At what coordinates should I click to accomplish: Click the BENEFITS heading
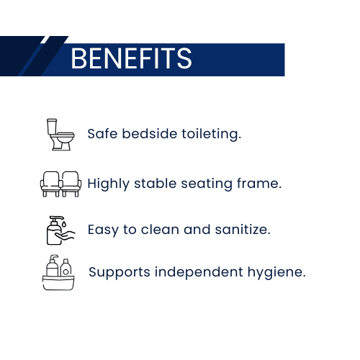pyautogui.click(x=131, y=58)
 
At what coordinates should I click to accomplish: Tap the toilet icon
pyautogui.click(x=60, y=135)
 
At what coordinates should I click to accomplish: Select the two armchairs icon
pyautogui.click(x=60, y=184)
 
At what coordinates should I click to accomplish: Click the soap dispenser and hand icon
pyautogui.click(x=60, y=230)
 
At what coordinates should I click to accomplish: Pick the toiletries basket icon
pyautogui.click(x=58, y=273)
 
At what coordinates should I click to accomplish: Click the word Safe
pyautogui.click(x=102, y=133)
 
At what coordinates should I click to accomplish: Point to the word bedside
pyautogui.click(x=150, y=133)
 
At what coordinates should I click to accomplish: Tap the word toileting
pyautogui.click(x=211, y=134)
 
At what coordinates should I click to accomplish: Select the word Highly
pyautogui.click(x=109, y=184)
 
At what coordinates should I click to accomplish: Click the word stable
pyautogui.click(x=156, y=184)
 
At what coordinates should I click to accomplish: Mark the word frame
pyautogui.click(x=259, y=184)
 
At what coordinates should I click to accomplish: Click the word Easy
pyautogui.click(x=103, y=230)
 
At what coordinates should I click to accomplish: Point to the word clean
pyautogui.click(x=160, y=230)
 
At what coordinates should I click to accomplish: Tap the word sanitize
pyautogui.click(x=243, y=230)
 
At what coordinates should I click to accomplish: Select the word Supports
pyautogui.click(x=120, y=272)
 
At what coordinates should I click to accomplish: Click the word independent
pyautogui.click(x=199, y=272)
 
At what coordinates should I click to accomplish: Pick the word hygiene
pyautogui.click(x=276, y=272)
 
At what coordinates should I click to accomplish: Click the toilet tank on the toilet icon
pyautogui.click(x=52, y=127)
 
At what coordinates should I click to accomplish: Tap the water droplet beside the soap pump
pyautogui.click(x=64, y=224)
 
